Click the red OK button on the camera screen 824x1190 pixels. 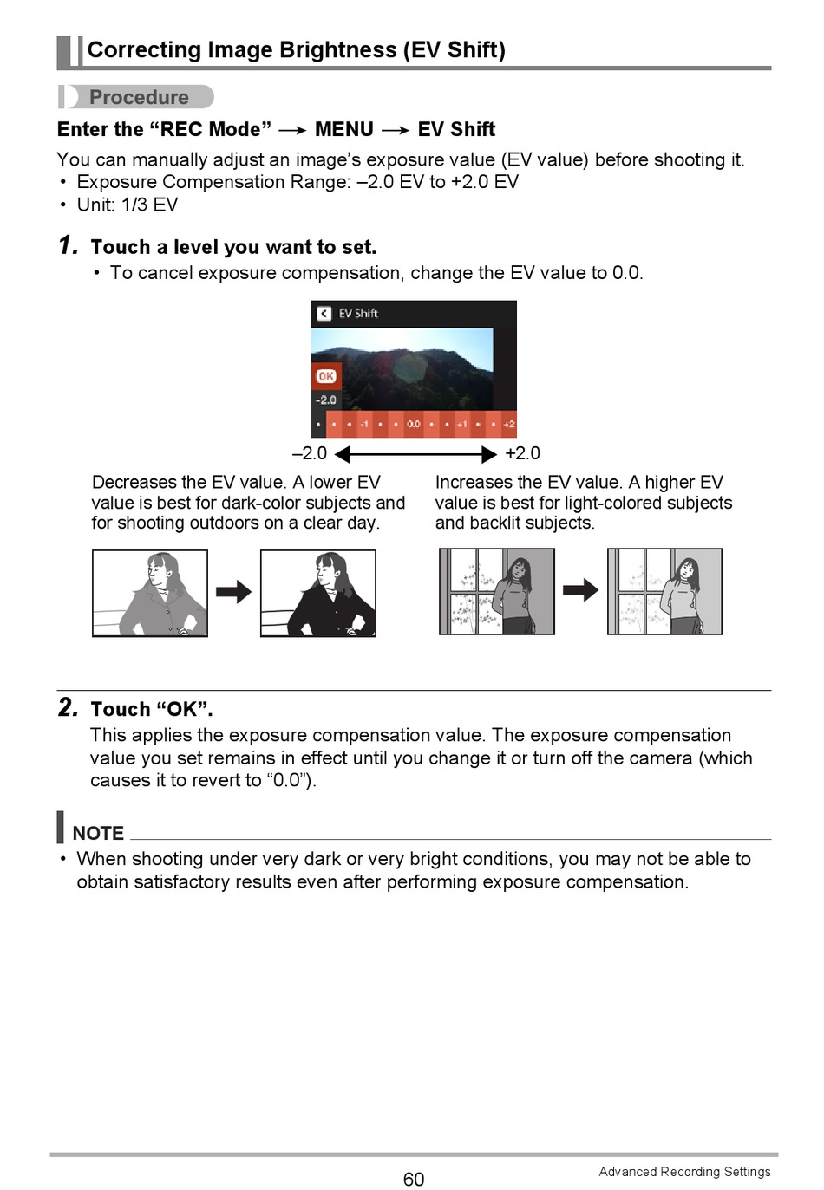pyautogui.click(x=326, y=376)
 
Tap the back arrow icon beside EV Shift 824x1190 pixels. pyautogui.click(x=324, y=314)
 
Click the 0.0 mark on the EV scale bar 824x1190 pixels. pyautogui.click(x=413, y=424)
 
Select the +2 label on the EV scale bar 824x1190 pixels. pyautogui.click(x=509, y=424)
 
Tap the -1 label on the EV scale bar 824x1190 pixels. pyautogui.click(x=364, y=424)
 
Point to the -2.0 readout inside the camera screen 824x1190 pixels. pyautogui.click(x=325, y=400)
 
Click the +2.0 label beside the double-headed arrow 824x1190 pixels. pyautogui.click(x=522, y=453)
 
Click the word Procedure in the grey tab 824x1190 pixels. pyautogui.click(x=139, y=97)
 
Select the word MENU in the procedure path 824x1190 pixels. pyautogui.click(x=344, y=129)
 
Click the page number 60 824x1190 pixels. pyautogui.click(x=413, y=1179)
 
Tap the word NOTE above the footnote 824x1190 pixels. pyautogui.click(x=98, y=833)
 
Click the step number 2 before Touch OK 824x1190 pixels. pyautogui.click(x=68, y=707)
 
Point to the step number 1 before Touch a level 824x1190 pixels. pyautogui.click(x=68, y=245)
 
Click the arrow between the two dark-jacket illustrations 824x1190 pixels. pyautogui.click(x=233, y=592)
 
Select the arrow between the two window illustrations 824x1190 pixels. pyautogui.click(x=580, y=589)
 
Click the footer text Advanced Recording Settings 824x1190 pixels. pyautogui.click(x=684, y=1172)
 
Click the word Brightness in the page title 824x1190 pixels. pyautogui.click(x=338, y=50)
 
